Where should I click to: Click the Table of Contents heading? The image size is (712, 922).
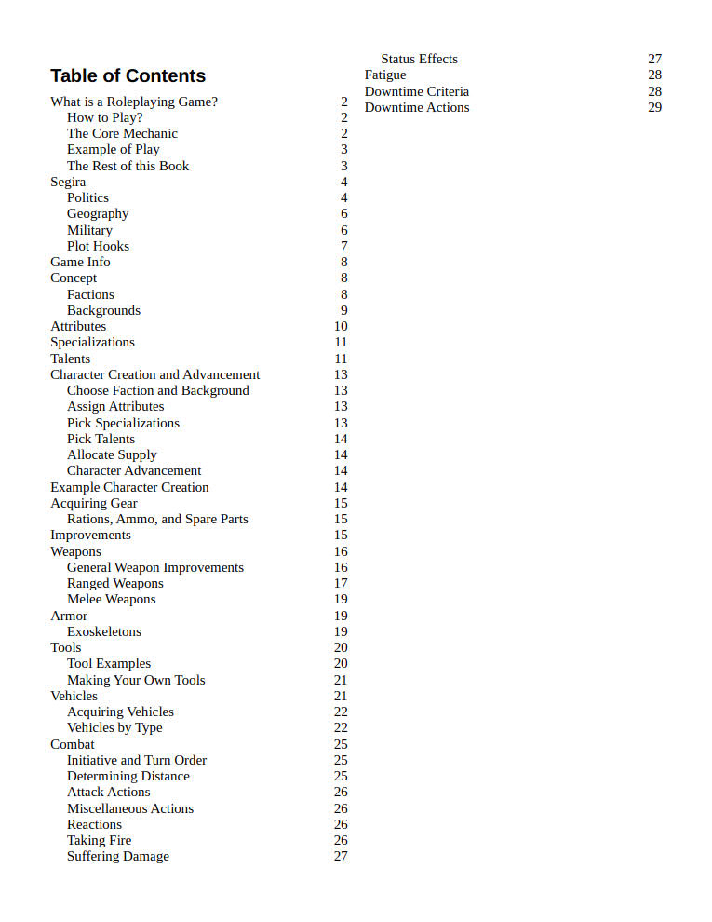point(128,76)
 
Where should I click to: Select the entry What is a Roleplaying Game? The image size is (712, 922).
point(134,102)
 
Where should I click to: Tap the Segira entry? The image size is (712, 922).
point(68,182)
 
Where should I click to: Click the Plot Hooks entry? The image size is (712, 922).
point(98,246)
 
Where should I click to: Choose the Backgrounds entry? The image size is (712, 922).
point(103,310)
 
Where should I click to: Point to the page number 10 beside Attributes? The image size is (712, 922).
point(341,326)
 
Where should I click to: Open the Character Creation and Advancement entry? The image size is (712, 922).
point(155,374)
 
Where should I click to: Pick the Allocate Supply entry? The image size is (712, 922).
point(112,454)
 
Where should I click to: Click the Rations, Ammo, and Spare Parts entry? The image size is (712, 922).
point(157,519)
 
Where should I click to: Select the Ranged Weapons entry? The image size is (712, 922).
point(114,583)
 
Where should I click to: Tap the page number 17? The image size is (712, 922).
point(341,583)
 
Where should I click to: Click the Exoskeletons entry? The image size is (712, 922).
point(104,631)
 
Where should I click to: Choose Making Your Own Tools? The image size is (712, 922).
point(136,680)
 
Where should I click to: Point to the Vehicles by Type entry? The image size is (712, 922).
point(114,727)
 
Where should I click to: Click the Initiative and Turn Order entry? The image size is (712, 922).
point(137,760)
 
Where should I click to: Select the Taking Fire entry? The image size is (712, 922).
point(99,840)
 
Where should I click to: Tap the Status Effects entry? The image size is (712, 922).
point(419,59)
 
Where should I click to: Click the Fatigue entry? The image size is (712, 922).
point(385,75)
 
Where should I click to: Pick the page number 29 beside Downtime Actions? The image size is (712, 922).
point(655,107)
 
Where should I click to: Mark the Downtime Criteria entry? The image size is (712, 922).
point(417,91)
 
